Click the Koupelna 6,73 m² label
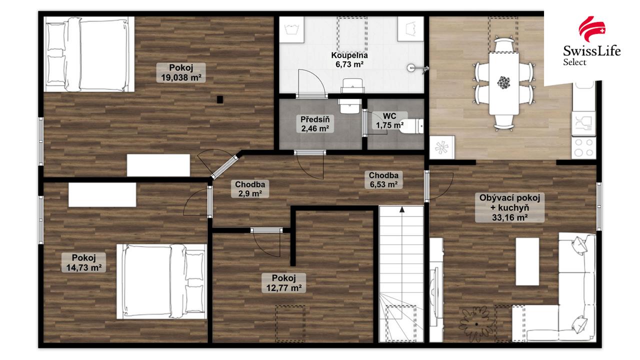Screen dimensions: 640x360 click(x=349, y=59)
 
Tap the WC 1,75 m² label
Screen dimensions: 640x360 click(x=389, y=120)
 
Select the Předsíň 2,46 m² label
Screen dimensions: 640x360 click(x=315, y=123)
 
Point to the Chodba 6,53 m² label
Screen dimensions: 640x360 click(x=383, y=179)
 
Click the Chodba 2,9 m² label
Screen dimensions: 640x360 click(x=250, y=189)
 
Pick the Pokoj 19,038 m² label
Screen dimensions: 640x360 click(x=181, y=72)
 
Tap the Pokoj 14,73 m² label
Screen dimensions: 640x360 click(x=83, y=262)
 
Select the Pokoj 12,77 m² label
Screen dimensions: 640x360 click(x=283, y=283)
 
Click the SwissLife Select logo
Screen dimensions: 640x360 click(x=591, y=41)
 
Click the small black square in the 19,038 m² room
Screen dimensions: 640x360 click(x=219, y=99)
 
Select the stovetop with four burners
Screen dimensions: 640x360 click(x=583, y=147)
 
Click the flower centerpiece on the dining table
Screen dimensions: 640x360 click(x=503, y=82)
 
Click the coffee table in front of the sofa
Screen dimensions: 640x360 click(x=527, y=261)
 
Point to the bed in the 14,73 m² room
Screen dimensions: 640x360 click(x=161, y=281)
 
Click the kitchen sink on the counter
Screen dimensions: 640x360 click(x=583, y=123)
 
